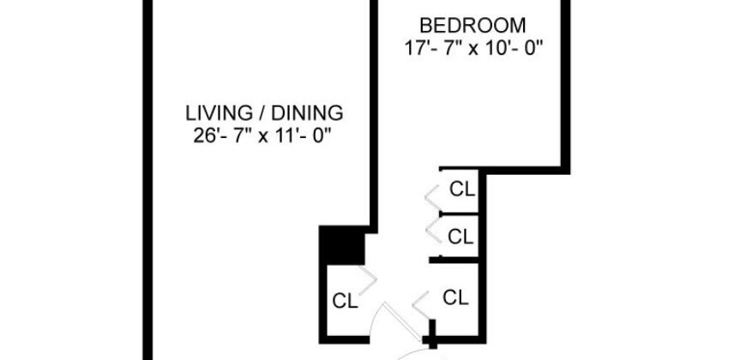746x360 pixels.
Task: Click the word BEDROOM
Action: click(474, 26)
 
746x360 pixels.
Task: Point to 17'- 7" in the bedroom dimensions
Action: click(432, 49)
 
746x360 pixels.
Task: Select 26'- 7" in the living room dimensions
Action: click(221, 135)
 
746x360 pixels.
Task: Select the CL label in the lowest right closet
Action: click(455, 297)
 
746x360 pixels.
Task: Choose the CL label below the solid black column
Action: click(345, 301)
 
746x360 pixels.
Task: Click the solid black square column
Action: click(341, 244)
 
